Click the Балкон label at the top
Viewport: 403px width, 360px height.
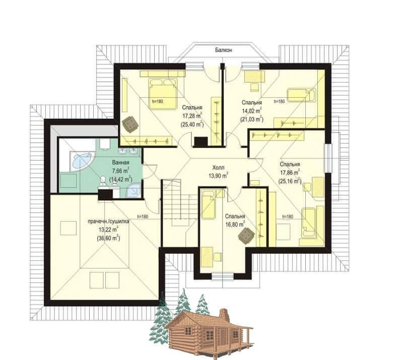point(224,50)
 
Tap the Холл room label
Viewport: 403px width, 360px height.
point(218,168)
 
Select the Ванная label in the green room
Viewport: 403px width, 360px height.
point(120,163)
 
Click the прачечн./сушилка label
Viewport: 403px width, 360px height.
point(108,221)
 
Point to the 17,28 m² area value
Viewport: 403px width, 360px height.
point(192,116)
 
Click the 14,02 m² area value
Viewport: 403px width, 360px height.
point(252,111)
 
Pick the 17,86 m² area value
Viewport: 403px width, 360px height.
point(290,172)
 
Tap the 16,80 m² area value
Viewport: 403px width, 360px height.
point(235,225)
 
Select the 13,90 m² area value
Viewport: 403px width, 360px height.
point(218,176)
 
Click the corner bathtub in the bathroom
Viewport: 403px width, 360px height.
point(81,161)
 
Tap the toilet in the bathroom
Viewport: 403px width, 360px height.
point(103,180)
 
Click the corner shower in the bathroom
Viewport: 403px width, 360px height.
point(133,190)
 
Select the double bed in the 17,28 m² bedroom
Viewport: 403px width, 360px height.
point(163,94)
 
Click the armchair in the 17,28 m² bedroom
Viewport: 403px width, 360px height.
point(130,124)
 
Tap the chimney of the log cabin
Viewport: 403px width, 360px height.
point(224,314)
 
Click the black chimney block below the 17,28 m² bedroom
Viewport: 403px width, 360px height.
point(200,141)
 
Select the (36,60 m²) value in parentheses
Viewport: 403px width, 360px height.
point(108,238)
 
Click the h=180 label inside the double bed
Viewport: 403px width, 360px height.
point(157,102)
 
